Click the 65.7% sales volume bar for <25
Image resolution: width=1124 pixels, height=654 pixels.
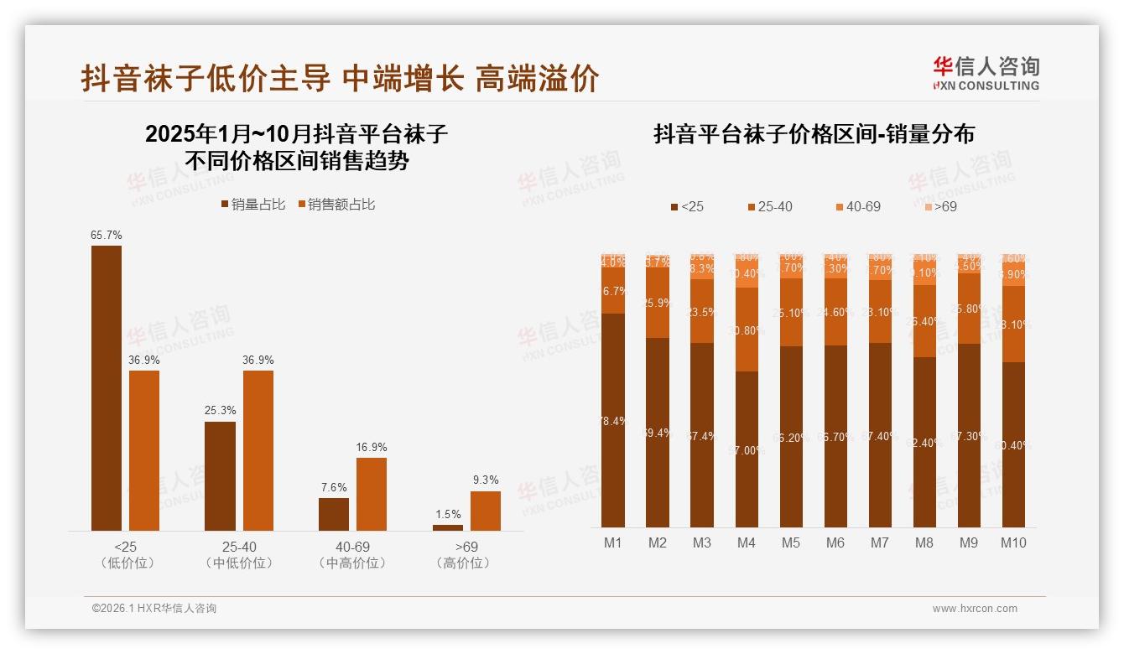click(107, 387)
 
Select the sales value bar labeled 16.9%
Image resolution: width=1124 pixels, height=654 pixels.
click(372, 494)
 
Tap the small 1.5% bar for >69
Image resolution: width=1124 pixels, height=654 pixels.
click(448, 527)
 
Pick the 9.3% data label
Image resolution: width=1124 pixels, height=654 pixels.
click(486, 480)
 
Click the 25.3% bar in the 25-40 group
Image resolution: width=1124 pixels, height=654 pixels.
click(220, 475)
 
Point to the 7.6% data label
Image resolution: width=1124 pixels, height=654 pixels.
click(333, 487)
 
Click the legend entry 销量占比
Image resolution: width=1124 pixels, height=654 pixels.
click(252, 205)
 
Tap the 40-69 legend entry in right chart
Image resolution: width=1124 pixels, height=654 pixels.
click(857, 206)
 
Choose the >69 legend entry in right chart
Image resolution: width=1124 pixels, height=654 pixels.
click(940, 206)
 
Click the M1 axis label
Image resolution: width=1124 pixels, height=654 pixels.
click(613, 542)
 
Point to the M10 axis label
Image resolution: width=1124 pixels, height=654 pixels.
click(1013, 542)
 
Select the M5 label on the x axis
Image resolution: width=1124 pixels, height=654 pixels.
click(791, 542)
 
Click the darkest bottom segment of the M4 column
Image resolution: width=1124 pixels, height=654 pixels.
click(747, 449)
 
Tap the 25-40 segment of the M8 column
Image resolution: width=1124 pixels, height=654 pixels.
click(924, 321)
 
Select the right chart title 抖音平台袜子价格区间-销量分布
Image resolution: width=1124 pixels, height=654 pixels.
click(814, 134)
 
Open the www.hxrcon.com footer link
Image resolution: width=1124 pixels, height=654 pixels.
click(975, 609)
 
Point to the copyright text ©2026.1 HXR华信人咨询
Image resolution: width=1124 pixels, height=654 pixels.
click(154, 609)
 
